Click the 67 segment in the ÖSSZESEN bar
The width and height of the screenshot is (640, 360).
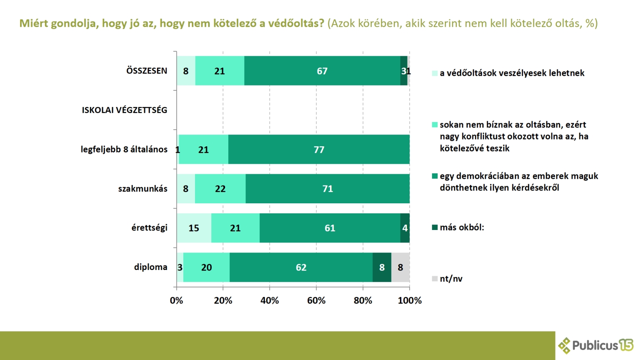click(x=322, y=71)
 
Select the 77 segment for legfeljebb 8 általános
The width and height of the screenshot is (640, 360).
click(x=319, y=150)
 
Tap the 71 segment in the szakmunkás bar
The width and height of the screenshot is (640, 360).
click(x=327, y=189)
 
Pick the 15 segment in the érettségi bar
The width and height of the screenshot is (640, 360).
click(x=194, y=228)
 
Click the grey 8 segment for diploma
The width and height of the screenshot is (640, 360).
click(x=400, y=267)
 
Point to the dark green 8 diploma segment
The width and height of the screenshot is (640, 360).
click(x=382, y=267)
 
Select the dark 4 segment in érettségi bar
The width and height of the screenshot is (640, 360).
click(x=405, y=228)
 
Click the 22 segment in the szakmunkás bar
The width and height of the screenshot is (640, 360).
click(x=220, y=189)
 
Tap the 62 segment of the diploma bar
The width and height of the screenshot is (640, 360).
click(x=301, y=267)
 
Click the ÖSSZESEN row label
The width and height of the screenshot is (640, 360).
click(x=147, y=71)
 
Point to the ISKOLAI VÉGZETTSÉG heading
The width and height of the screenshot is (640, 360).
click(x=124, y=110)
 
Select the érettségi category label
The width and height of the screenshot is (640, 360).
click(x=149, y=228)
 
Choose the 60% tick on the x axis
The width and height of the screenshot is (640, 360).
click(x=316, y=300)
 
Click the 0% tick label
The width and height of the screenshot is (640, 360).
click(x=177, y=300)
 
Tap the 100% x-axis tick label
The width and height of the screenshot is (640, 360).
click(x=410, y=300)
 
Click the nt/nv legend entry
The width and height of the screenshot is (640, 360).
click(x=451, y=279)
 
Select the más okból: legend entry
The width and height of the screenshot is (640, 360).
click(x=462, y=227)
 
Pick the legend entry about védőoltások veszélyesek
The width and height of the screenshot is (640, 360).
click(x=512, y=73)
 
